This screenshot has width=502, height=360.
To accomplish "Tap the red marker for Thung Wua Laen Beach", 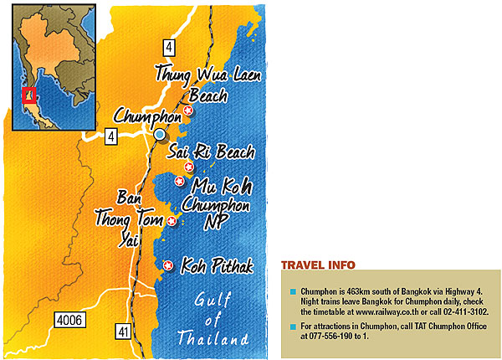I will (188, 111).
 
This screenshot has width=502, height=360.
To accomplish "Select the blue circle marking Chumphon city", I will (160, 134).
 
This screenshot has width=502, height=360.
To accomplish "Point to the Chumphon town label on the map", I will (146, 116).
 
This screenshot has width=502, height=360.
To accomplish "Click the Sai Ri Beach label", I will (210, 152).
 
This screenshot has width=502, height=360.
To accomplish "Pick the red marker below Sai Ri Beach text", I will (199, 167).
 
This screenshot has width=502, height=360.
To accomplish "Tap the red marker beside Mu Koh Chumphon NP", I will (178, 181).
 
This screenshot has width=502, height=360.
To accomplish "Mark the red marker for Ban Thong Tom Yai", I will (172, 221).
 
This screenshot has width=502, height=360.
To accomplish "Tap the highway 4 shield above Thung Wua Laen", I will (170, 46).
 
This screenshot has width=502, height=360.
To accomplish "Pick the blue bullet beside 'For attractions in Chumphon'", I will (293, 327).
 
